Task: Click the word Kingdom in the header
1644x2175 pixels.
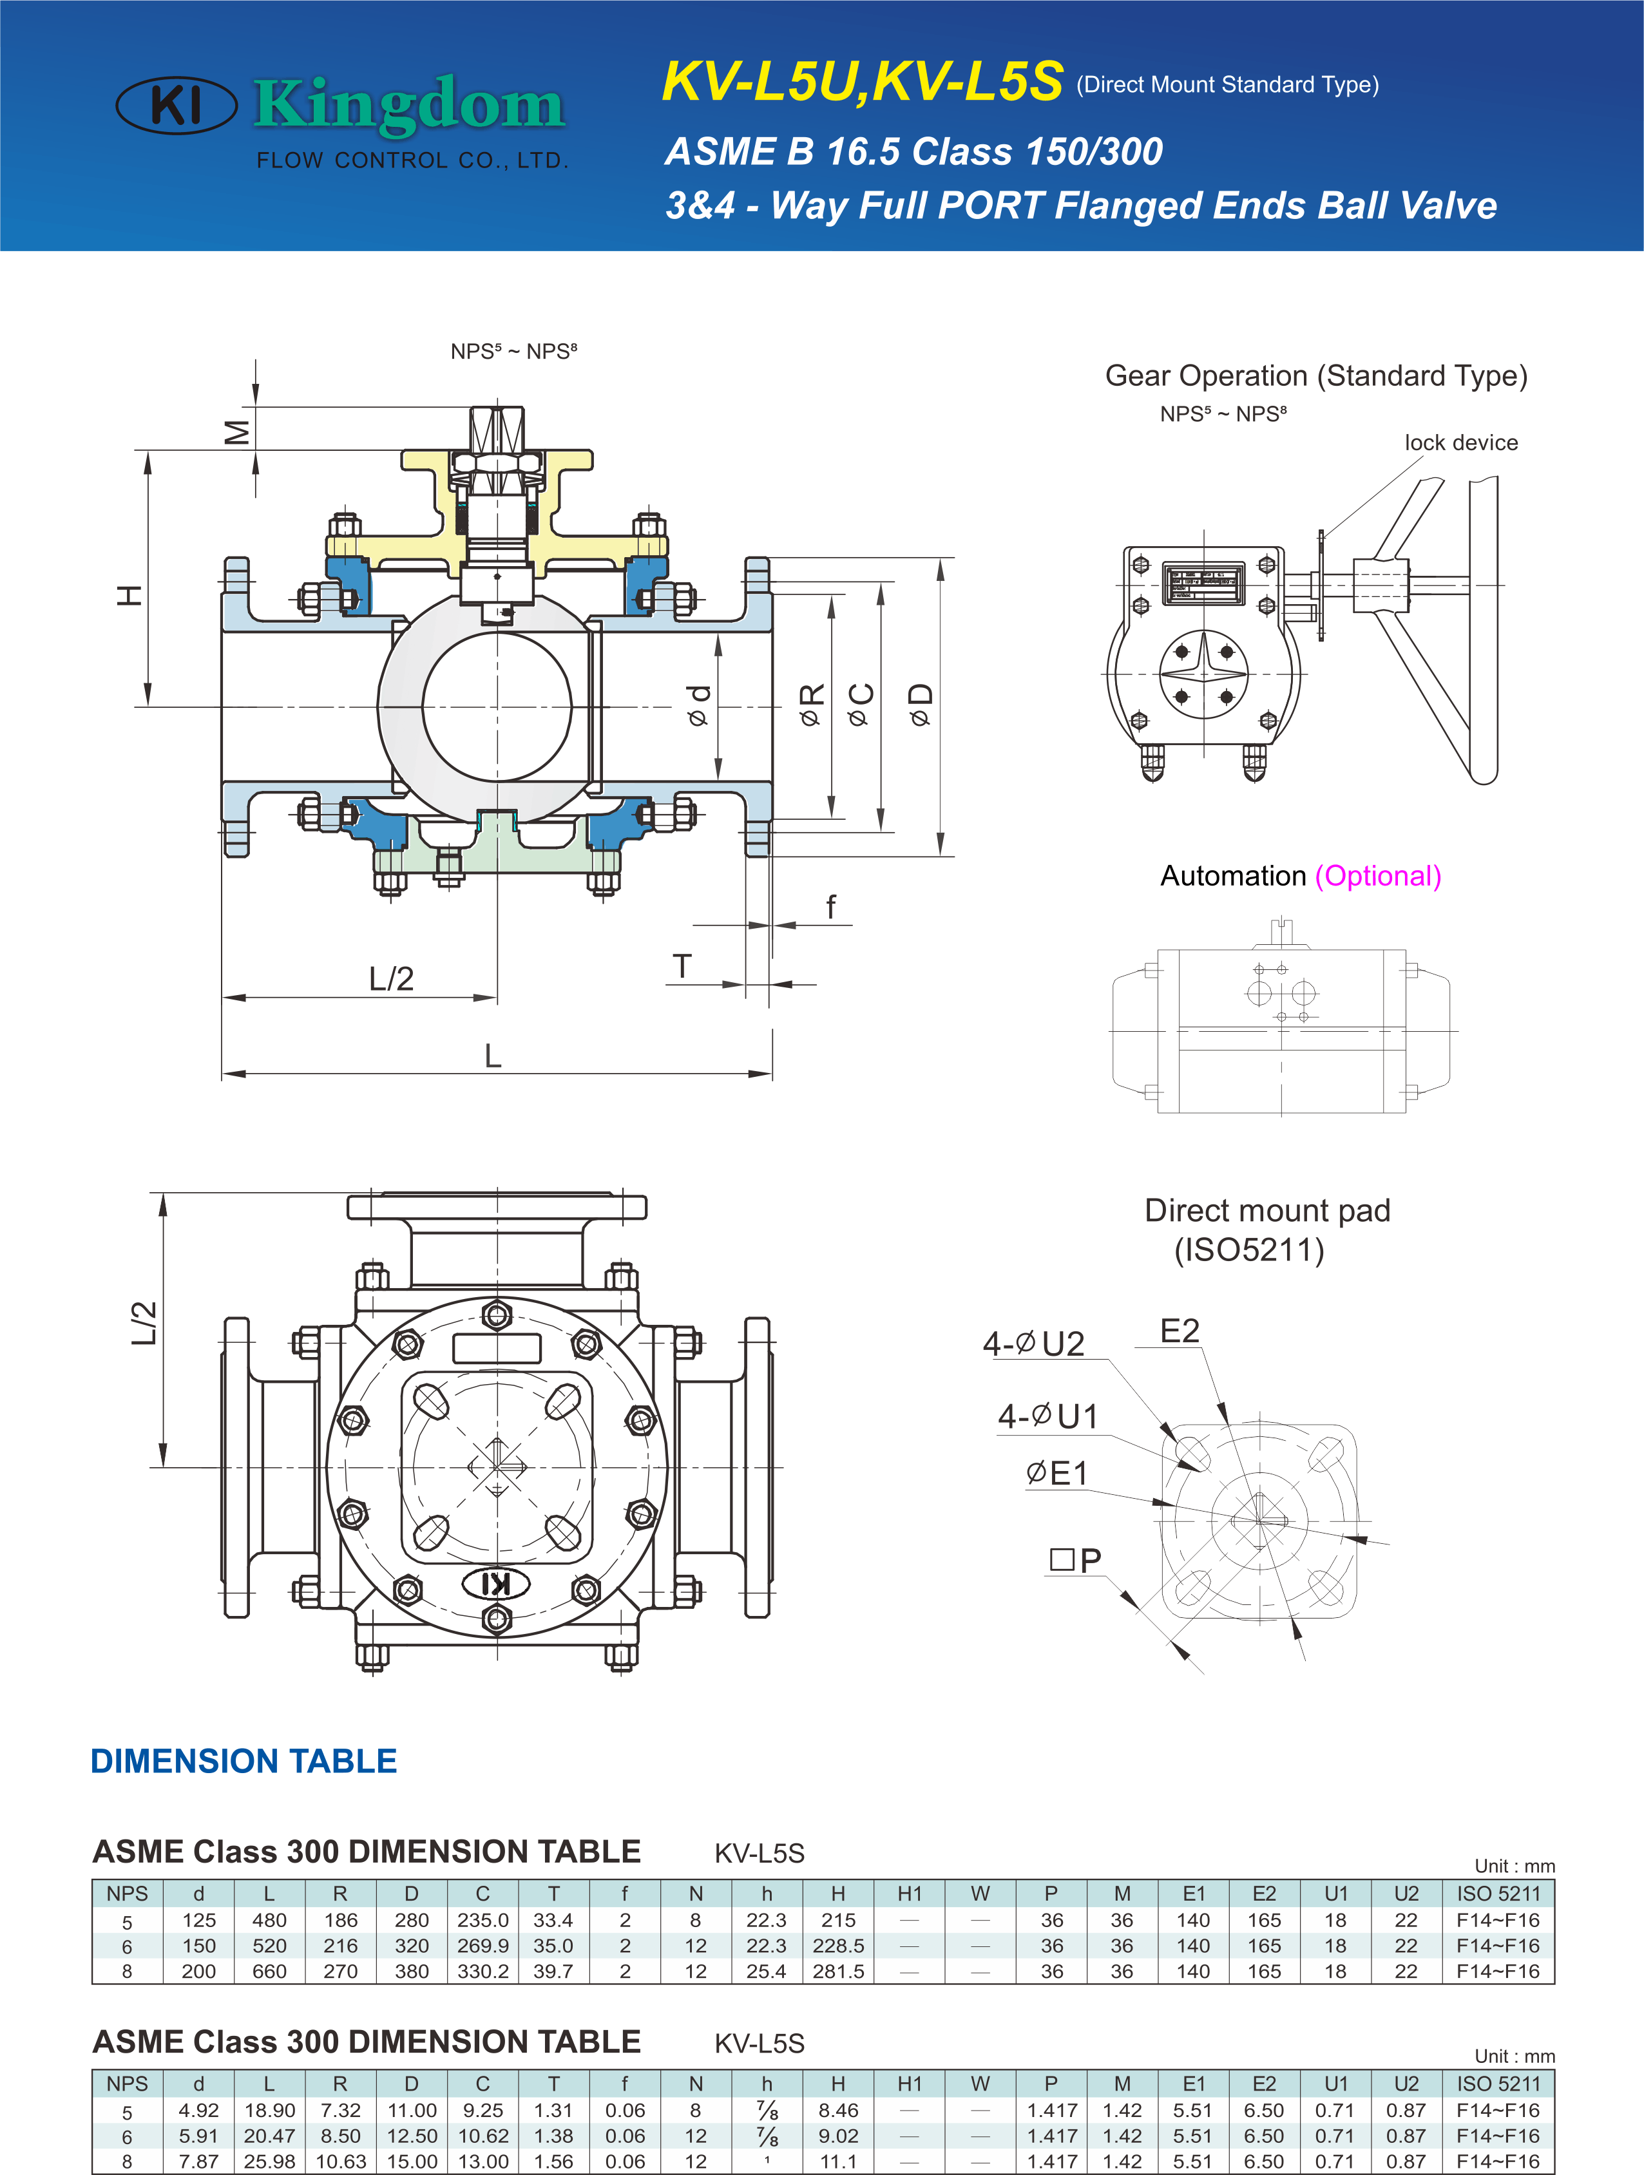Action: (x=409, y=104)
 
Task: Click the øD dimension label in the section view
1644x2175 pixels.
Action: (x=921, y=705)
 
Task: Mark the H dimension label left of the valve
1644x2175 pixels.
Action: (x=129, y=595)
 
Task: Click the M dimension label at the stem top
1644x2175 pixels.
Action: (x=237, y=432)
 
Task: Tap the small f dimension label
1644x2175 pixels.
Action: (x=831, y=907)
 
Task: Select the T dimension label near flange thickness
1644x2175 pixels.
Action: (x=682, y=967)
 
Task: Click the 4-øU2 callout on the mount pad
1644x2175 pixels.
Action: (x=1033, y=1343)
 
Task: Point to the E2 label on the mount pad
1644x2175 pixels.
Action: (x=1180, y=1331)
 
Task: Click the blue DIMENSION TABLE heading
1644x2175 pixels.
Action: (x=244, y=1761)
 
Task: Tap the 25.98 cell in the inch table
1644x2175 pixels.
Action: (x=269, y=2161)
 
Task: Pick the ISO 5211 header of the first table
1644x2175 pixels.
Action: (x=1498, y=1894)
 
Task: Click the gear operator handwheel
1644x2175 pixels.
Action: (x=1435, y=629)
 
